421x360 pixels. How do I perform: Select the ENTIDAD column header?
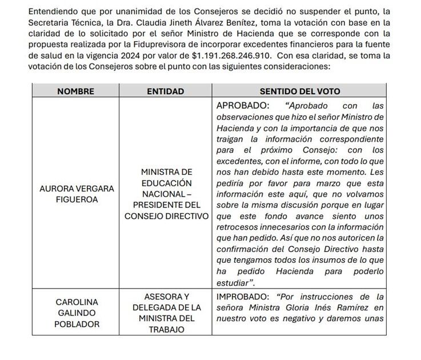(166, 91)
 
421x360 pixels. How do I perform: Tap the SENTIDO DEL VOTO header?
(299, 91)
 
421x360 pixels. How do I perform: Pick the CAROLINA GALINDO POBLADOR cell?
(77, 313)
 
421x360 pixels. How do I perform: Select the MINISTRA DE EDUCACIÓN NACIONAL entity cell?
(166, 194)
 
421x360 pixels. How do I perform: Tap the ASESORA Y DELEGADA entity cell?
(166, 313)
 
